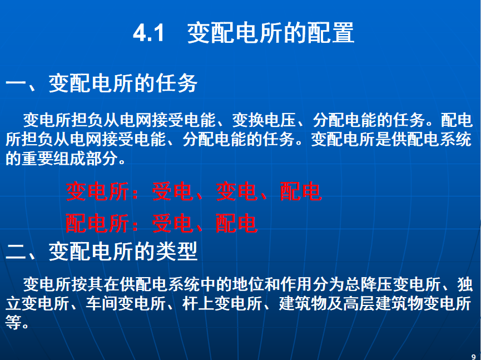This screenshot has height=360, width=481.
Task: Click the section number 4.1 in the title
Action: tap(149, 33)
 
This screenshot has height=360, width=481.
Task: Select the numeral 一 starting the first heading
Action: tap(16, 83)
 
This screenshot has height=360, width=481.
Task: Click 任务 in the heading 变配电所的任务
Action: tap(176, 83)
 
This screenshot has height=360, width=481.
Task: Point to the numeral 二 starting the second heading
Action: tap(16, 251)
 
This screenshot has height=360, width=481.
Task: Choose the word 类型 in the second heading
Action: tap(176, 251)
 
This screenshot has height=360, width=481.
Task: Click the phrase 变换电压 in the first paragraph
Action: tap(264, 120)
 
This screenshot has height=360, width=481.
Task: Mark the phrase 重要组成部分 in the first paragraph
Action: tap(70, 159)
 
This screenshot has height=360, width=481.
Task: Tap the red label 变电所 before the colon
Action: tap(97, 191)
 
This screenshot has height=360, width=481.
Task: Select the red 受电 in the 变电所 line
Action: tap(172, 191)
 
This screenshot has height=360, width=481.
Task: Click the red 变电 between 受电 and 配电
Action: tap(236, 191)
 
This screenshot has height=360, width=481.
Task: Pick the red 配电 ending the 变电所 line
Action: tap(301, 191)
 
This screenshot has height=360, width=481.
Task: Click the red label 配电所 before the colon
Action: tap(97, 223)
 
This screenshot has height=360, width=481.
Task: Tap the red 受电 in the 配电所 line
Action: tap(172, 223)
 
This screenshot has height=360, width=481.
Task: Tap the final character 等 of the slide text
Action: tap(13, 322)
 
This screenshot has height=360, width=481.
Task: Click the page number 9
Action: tap(473, 357)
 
